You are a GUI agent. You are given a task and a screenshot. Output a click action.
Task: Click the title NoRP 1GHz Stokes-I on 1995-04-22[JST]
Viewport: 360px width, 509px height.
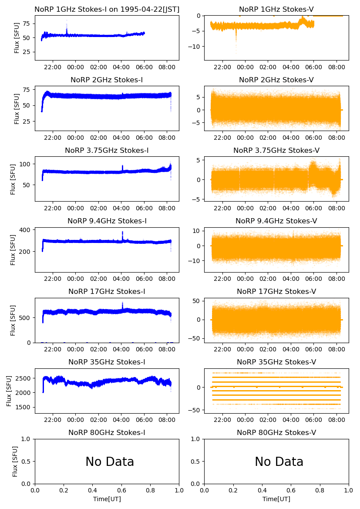[107, 9]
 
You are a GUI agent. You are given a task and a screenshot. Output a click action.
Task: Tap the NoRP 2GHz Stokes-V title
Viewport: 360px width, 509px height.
[276, 80]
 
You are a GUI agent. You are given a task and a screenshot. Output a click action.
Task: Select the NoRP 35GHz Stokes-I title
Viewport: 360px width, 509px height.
[107, 362]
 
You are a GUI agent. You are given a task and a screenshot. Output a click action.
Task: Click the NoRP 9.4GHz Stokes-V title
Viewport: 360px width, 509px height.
[276, 221]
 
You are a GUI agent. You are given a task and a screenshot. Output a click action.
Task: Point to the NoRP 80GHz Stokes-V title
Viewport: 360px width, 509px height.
[276, 432]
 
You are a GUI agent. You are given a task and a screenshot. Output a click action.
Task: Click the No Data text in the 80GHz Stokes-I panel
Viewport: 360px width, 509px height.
[110, 462]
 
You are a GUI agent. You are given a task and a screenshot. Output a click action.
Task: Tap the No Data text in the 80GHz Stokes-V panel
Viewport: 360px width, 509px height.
[279, 462]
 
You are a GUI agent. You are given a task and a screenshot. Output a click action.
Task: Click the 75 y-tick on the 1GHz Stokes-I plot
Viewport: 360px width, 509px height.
[26, 23]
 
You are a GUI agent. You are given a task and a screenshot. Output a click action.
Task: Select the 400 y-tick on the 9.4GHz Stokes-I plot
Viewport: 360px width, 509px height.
[25, 229]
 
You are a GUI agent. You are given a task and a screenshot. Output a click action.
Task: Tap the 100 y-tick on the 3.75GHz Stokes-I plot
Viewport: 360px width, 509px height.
[25, 164]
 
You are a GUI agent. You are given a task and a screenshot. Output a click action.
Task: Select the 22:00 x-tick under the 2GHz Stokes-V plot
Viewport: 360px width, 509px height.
[223, 138]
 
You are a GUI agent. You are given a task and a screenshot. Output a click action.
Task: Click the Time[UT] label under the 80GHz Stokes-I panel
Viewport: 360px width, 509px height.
[107, 499]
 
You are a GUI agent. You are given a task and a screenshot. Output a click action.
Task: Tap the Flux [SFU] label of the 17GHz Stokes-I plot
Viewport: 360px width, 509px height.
[13, 320]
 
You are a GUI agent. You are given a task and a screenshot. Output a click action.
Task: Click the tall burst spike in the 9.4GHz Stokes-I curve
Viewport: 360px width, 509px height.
[122, 234]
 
